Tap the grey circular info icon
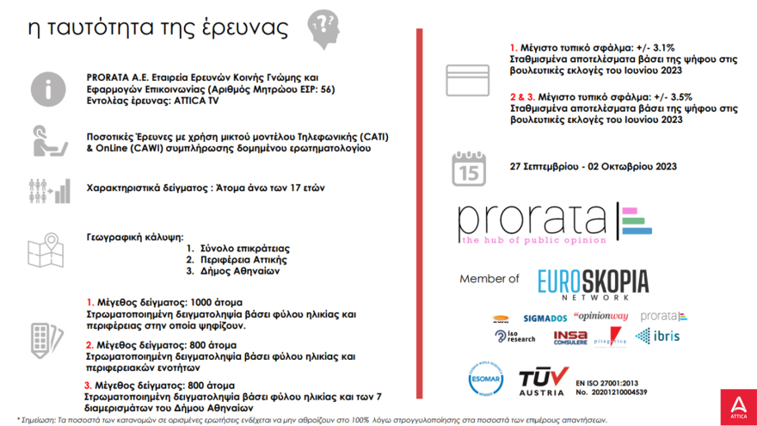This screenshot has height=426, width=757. click(x=47, y=89)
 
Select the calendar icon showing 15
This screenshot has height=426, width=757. click(x=469, y=169)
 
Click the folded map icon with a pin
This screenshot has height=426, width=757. click(x=46, y=253)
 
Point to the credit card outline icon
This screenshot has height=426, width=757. click(x=467, y=80)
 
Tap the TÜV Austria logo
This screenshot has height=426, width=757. click(x=543, y=381)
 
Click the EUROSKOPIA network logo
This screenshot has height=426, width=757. click(x=593, y=284)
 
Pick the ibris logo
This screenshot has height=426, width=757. click(x=660, y=336)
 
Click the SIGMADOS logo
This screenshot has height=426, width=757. click(x=545, y=318)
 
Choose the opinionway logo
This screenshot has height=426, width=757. click(x=601, y=317)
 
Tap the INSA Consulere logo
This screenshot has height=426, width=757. click(x=570, y=337)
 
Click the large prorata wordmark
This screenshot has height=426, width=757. click(x=534, y=223)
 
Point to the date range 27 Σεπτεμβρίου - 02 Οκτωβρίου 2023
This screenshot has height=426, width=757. click(x=593, y=167)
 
